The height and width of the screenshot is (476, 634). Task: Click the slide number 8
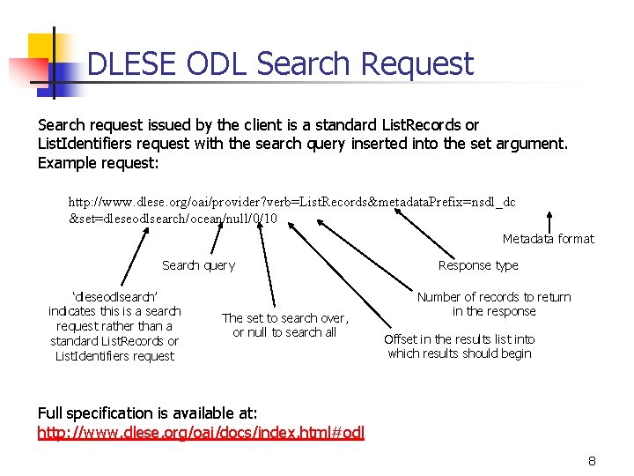coord(593,461)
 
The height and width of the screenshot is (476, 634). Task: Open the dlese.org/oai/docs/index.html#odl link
coord(201,432)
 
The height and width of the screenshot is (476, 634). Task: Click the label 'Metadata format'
coord(548,239)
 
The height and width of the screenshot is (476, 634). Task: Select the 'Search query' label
coord(198,265)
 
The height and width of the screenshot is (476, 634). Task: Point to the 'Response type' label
coord(478,265)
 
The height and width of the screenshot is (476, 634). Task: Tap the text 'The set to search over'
coord(284,318)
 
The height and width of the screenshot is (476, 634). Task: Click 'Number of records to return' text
coord(494,297)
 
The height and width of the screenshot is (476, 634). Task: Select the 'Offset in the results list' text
coord(460,339)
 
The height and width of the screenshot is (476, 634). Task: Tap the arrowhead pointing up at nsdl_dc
coord(549,213)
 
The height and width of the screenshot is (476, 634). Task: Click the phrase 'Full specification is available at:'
coord(148,413)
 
